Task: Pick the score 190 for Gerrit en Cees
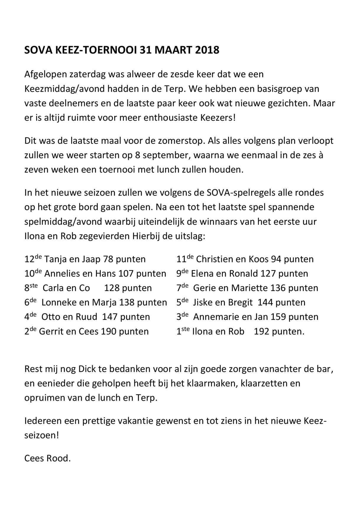coord(108,331)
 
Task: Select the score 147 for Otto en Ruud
coord(109,317)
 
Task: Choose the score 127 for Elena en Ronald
coord(268,274)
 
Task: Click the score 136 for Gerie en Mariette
coord(278,288)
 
